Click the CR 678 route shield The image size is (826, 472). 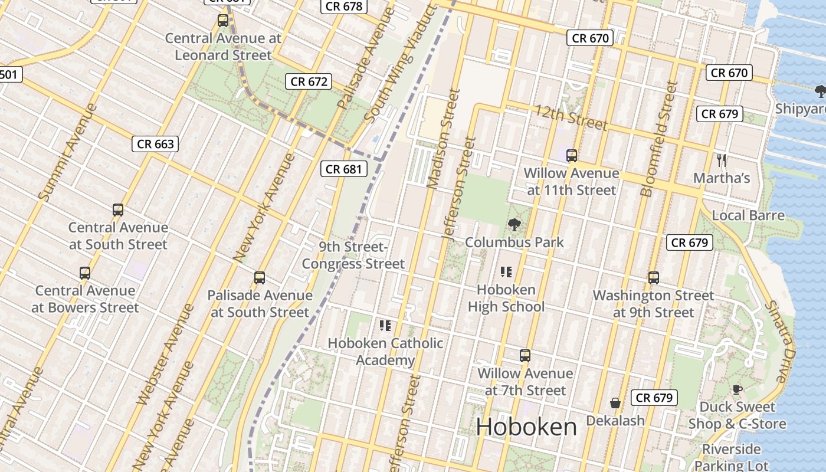click(344, 6)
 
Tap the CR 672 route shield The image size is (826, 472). click(309, 81)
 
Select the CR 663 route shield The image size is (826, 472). click(155, 143)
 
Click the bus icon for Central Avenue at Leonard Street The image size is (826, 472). click(223, 21)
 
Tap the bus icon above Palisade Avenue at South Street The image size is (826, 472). click(259, 278)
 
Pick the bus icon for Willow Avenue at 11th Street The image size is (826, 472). click(571, 156)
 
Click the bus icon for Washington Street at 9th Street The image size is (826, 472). click(653, 278)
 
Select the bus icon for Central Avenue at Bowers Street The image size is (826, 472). click(85, 273)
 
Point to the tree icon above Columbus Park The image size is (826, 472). click(514, 225)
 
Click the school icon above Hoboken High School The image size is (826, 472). click(506, 272)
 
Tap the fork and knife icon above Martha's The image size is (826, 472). click(721, 160)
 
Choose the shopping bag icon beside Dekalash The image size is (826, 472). click(615, 403)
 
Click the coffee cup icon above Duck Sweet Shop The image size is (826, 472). click(737, 389)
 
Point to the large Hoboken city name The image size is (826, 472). click(526, 427)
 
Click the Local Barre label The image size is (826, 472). click(748, 215)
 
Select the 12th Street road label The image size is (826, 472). click(571, 117)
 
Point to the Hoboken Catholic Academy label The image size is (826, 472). click(385, 352)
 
